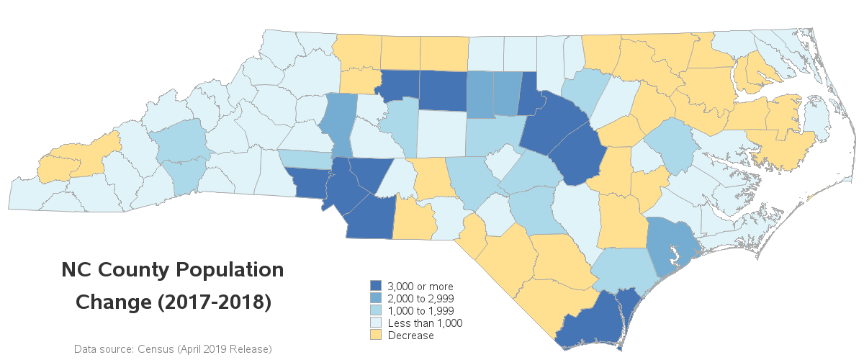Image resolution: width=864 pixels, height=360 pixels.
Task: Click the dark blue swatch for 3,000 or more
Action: (375, 287)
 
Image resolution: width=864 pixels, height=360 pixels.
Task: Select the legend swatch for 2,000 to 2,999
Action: (375, 299)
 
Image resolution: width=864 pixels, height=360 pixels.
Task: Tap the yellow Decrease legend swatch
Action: (375, 336)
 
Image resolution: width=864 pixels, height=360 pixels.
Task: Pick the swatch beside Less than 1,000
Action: (375, 323)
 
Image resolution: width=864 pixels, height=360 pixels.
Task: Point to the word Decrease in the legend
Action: (411, 336)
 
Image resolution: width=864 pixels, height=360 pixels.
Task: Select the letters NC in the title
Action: (77, 271)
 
